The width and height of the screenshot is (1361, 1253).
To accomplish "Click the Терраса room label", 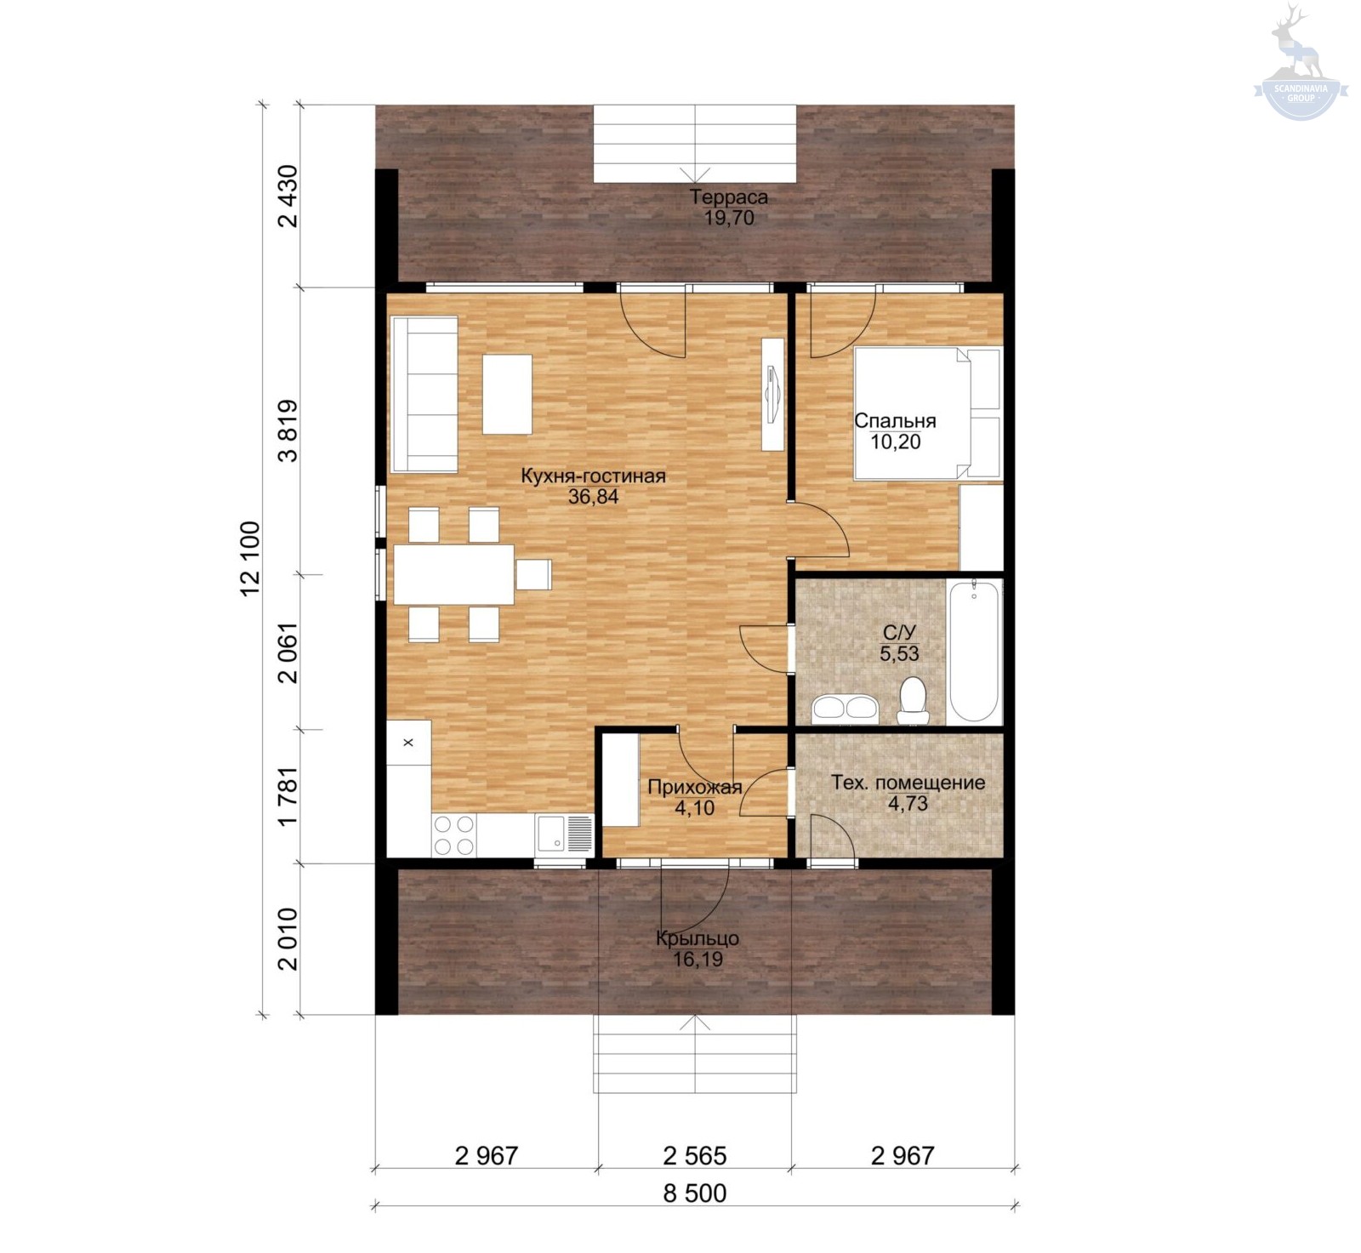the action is (729, 197).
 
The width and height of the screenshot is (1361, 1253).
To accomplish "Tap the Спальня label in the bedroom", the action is (895, 421).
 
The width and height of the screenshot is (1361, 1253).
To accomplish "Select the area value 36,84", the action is (593, 497).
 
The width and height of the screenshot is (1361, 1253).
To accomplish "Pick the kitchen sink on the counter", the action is (564, 834).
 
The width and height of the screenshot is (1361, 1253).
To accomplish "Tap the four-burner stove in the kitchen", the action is (454, 834).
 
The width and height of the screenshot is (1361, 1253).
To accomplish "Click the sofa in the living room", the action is (424, 394).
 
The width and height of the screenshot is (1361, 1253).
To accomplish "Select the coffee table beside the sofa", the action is (508, 395).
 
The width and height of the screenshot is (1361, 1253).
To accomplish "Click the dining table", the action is (454, 574).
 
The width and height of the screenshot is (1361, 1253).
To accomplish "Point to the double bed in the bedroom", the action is (928, 413).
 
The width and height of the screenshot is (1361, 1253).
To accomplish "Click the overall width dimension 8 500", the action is (695, 1193).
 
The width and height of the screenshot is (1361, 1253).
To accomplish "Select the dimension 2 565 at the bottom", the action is (695, 1156).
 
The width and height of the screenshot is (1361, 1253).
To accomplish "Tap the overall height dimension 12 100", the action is (251, 558).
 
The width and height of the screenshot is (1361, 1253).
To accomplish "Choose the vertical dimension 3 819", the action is (288, 430).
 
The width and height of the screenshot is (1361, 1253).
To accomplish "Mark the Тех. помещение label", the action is (908, 783).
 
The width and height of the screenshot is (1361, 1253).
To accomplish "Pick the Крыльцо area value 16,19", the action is (698, 960).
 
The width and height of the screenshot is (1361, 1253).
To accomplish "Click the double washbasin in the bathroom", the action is (845, 708).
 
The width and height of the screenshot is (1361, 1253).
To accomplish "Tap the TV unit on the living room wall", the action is (772, 393).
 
